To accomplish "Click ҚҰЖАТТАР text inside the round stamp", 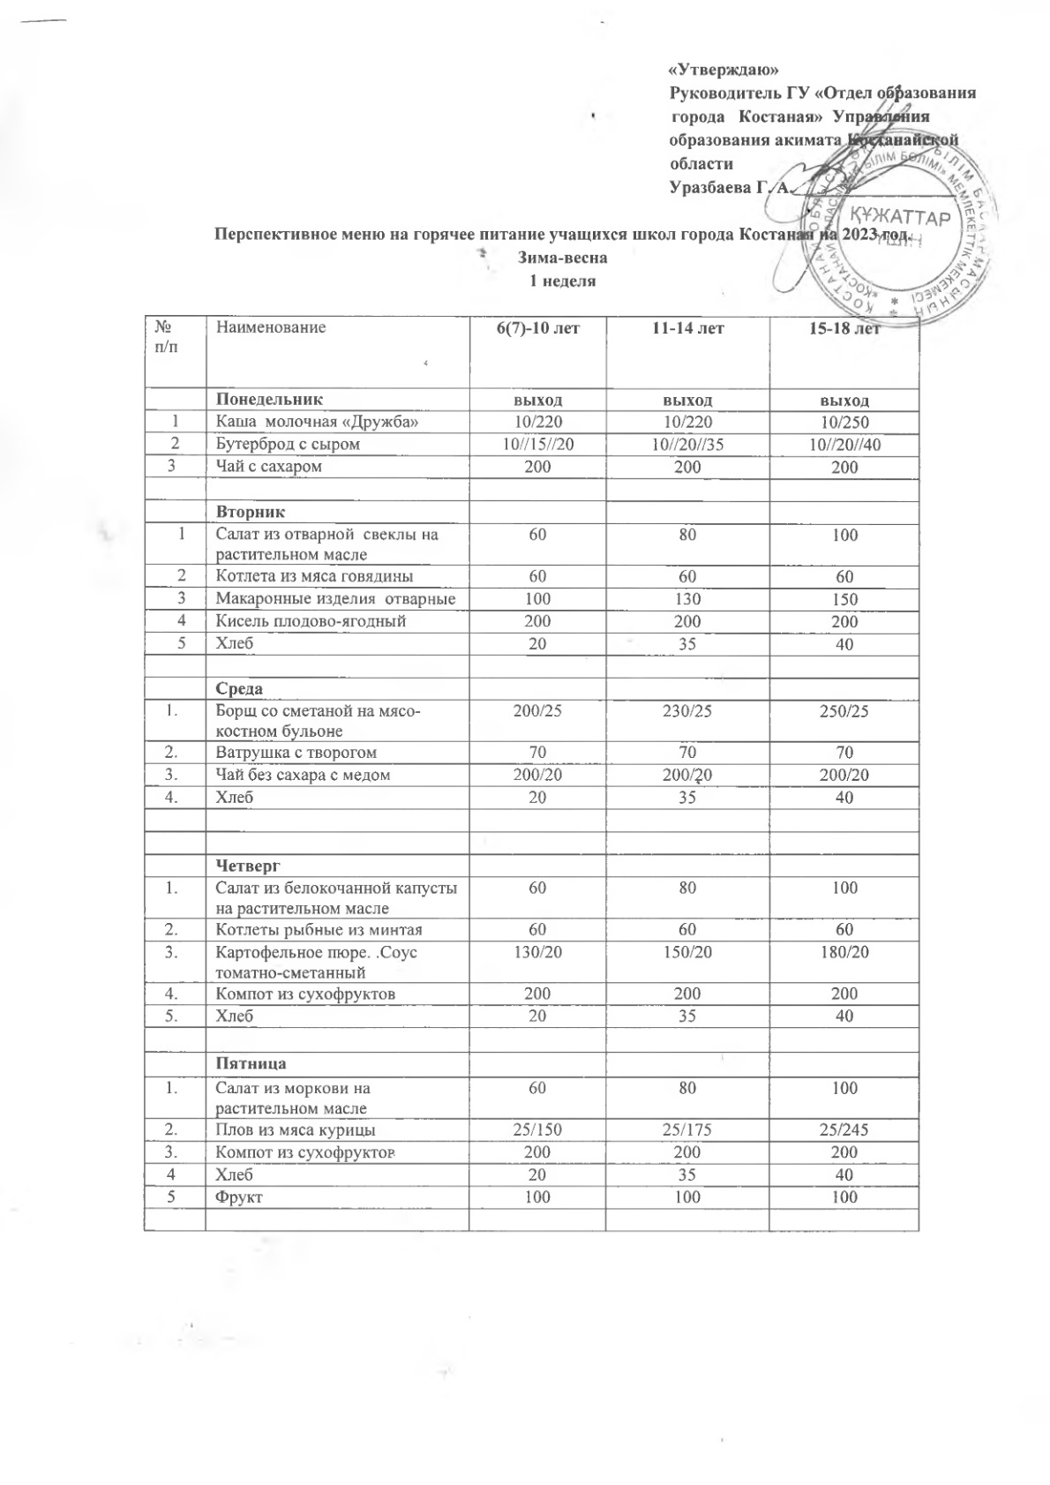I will click(x=899, y=217).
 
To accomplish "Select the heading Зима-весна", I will click(x=562, y=259).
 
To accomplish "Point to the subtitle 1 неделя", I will click(x=562, y=281).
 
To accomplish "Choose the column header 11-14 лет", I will click(x=687, y=328).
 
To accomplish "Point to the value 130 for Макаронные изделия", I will click(x=687, y=599).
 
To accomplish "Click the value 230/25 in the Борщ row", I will click(x=687, y=709).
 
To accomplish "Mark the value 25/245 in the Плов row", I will click(x=844, y=1129).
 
